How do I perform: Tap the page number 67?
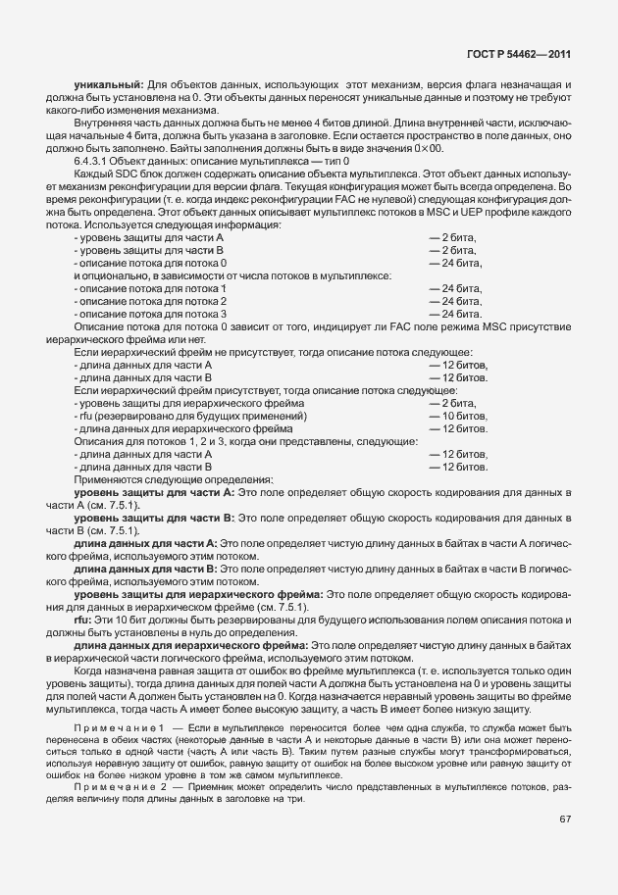[565, 819]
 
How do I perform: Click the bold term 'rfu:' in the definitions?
[83, 621]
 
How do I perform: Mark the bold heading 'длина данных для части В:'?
[146, 569]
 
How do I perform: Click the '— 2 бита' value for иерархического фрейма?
[452, 403]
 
